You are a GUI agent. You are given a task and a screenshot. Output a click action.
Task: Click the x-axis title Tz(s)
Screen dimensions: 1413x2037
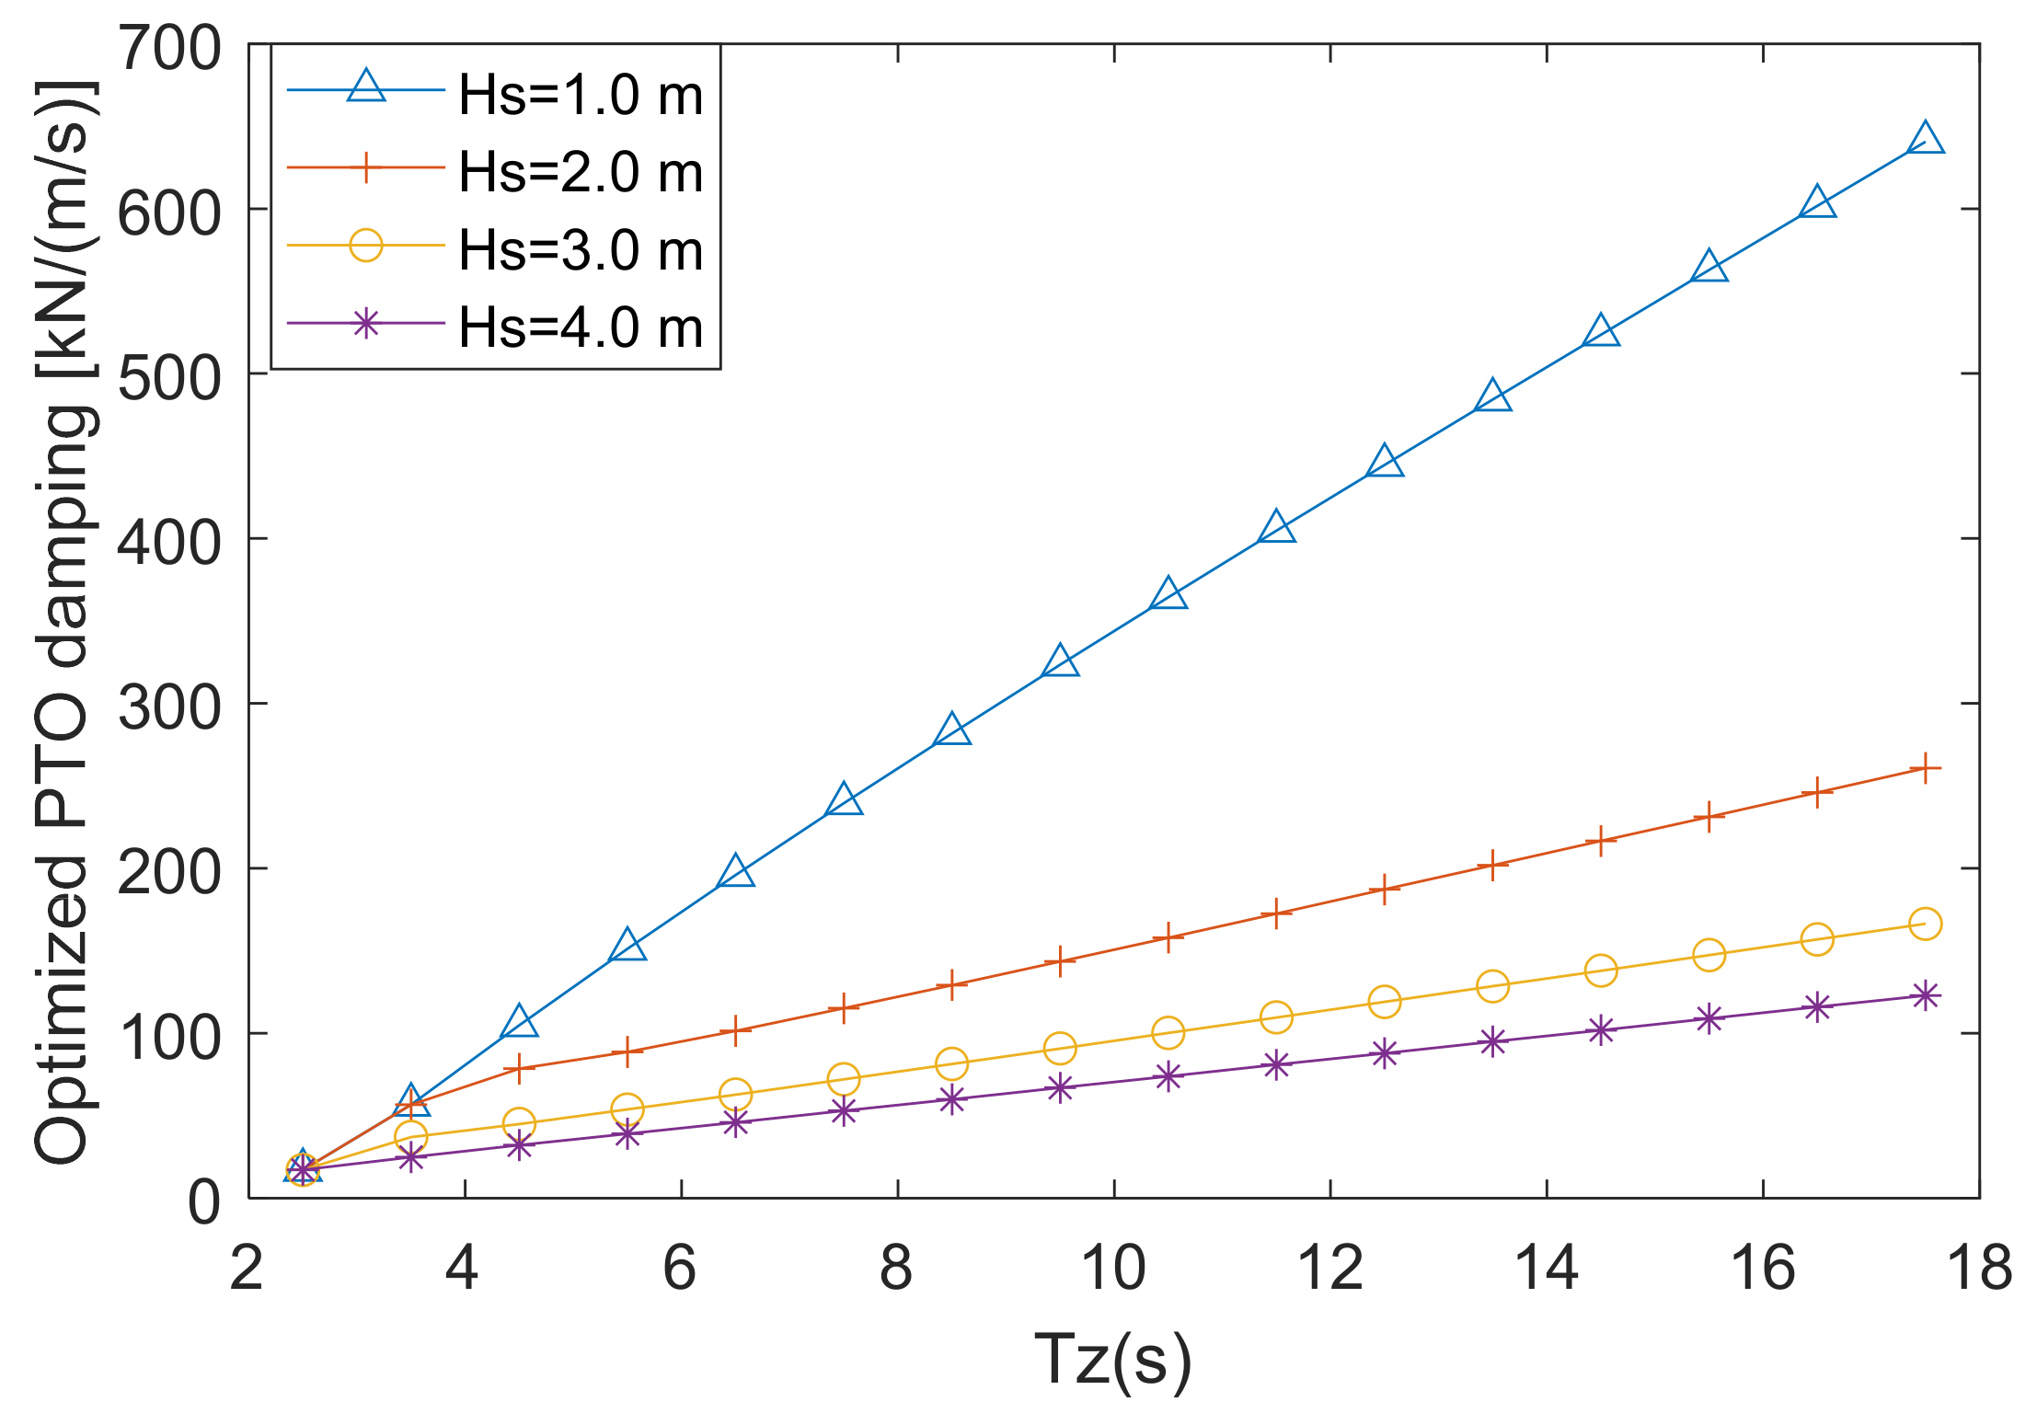(x=1112, y=1360)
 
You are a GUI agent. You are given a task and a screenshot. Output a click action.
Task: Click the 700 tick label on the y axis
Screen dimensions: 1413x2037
(x=169, y=48)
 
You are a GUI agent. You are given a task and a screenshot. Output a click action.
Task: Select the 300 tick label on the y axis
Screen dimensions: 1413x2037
(x=169, y=707)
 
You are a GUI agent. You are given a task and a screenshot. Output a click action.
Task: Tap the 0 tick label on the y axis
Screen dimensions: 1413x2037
(x=203, y=1201)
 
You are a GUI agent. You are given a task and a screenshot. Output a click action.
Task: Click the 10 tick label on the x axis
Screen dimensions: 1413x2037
(x=1113, y=1268)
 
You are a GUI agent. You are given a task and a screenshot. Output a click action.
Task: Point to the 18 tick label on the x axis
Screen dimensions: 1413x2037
(x=1979, y=1268)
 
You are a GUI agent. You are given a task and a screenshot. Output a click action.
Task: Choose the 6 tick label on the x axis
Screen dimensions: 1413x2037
(x=680, y=1268)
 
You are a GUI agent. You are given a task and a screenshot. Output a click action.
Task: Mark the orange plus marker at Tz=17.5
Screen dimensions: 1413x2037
(x=1925, y=768)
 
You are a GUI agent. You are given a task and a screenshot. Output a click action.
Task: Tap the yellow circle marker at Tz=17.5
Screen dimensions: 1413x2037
(x=1925, y=924)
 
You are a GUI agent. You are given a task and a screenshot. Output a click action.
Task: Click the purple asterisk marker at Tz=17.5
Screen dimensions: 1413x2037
(x=1925, y=995)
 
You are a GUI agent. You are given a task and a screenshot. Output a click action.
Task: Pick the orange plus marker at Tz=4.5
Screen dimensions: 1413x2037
(x=519, y=1068)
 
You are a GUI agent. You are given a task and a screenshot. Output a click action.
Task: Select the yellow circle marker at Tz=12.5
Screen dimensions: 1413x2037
(x=1384, y=1001)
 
